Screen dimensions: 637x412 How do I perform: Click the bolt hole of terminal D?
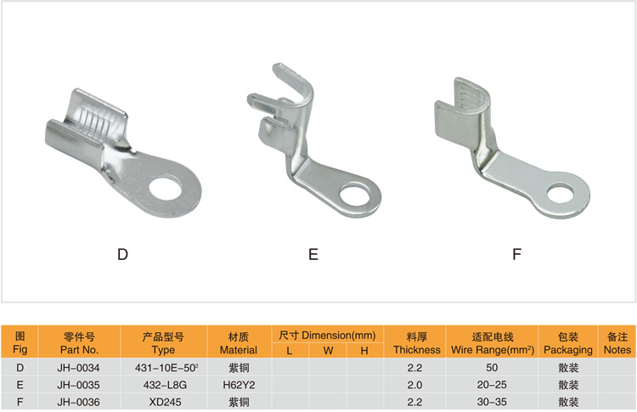coord(166,189)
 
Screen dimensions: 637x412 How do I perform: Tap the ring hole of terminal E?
coord(355,196)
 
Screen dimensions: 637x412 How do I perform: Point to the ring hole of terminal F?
coord(561,194)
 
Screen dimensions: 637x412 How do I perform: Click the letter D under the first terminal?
coord(122,254)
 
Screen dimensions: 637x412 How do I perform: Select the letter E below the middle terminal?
coord(313,254)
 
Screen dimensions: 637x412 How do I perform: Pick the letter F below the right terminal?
coord(516,254)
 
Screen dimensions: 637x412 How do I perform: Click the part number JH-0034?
coord(78,368)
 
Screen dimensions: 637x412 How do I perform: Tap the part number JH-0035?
coord(78,385)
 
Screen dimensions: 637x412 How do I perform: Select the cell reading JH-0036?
coord(78,402)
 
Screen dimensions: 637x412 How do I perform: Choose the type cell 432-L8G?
coord(165,385)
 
